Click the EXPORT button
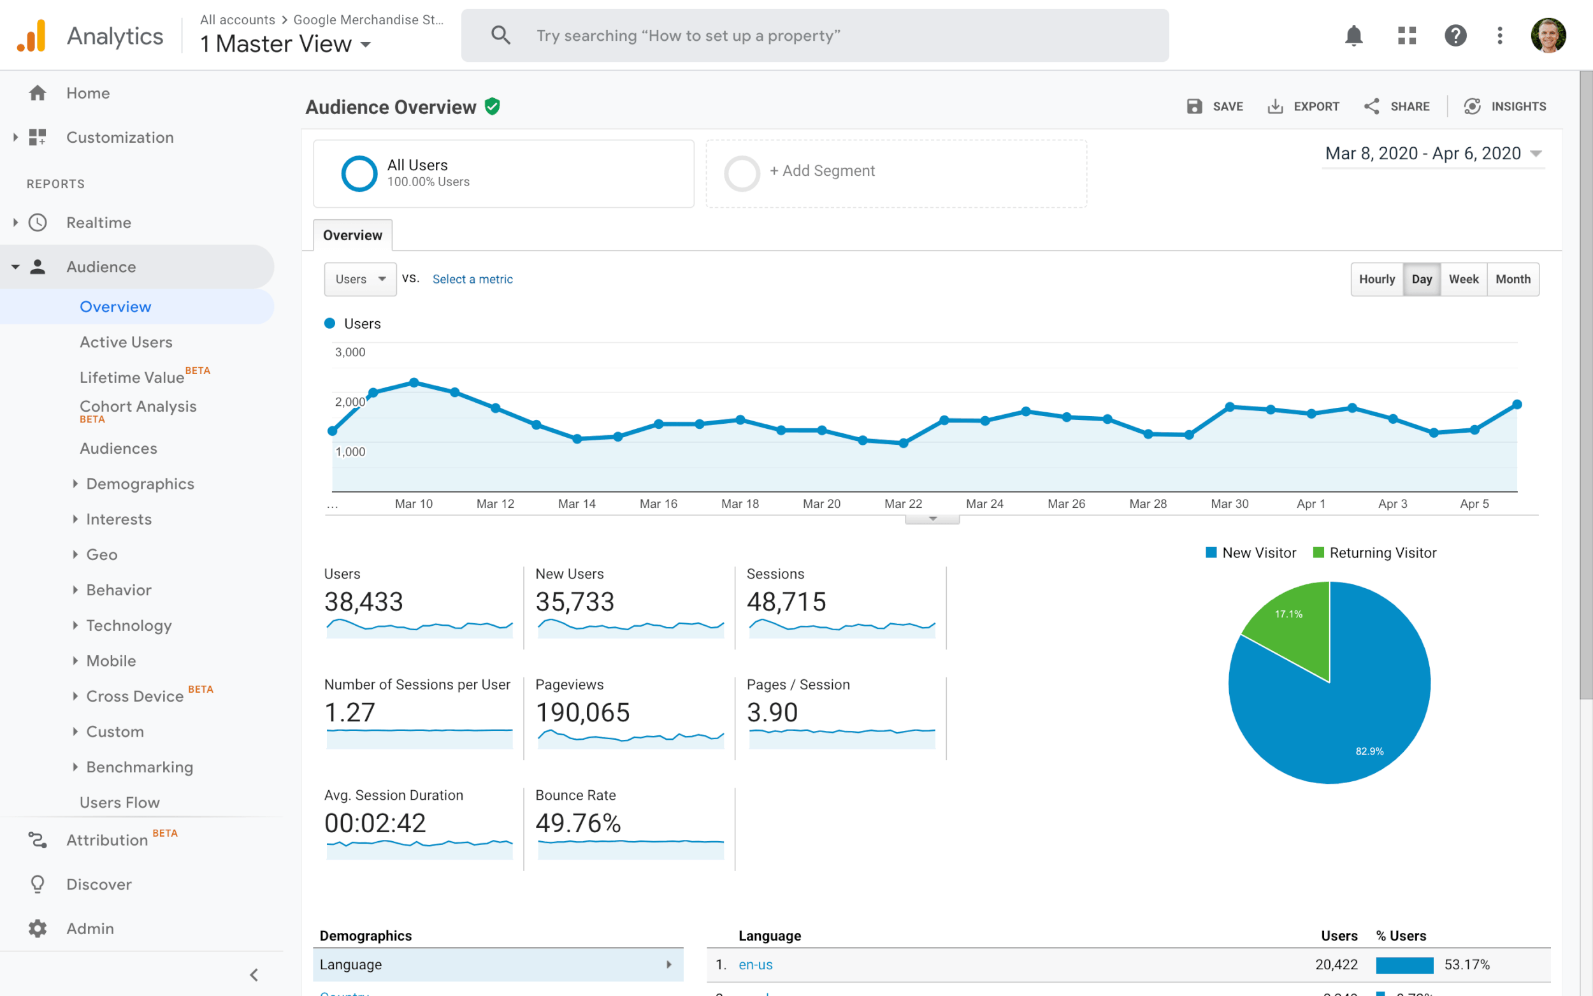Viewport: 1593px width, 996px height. tap(1303, 106)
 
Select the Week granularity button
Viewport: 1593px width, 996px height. tap(1462, 279)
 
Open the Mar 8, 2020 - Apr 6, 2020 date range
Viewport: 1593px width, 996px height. tap(1432, 154)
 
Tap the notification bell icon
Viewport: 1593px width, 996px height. tap(1353, 36)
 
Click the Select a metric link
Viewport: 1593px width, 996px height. tap(472, 279)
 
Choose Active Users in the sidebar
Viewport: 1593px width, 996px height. tap(126, 342)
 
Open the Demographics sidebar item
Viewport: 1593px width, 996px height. tap(140, 484)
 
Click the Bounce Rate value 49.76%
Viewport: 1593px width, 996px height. tap(577, 823)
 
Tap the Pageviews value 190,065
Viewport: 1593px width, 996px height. tap(582, 712)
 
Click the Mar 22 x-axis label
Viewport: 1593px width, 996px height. tap(903, 504)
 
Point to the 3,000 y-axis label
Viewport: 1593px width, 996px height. tap(350, 352)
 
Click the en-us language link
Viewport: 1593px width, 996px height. tap(754, 964)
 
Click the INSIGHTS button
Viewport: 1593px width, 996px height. tap(1505, 106)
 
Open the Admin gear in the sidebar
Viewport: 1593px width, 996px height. tap(38, 928)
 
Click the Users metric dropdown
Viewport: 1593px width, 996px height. tap(359, 279)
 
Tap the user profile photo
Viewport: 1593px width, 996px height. tap(1548, 36)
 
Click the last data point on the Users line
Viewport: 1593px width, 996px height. tap(1517, 405)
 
